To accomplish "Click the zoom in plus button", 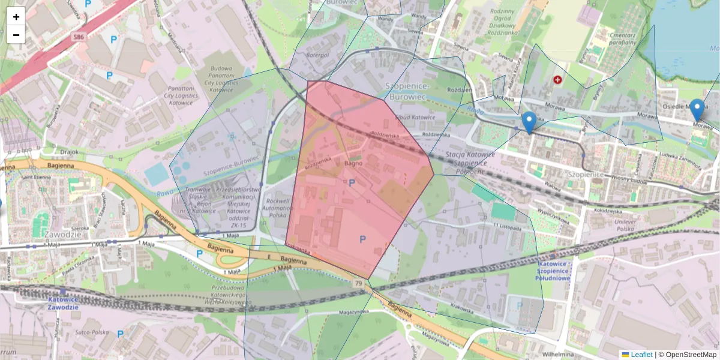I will [16, 17].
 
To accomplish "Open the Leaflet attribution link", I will [641, 355].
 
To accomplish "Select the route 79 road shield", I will [358, 283].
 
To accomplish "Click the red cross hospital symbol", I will [558, 79].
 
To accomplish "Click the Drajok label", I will [70, 152].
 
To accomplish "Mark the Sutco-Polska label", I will [92, 332].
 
